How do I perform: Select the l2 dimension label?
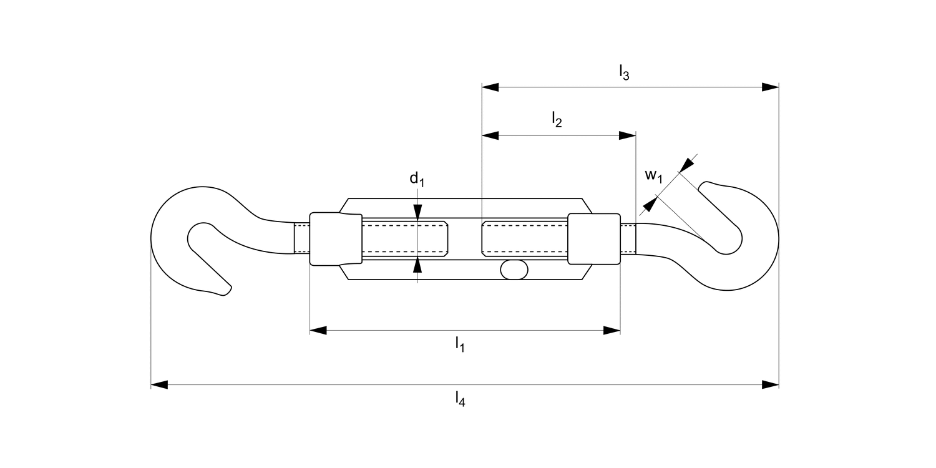(x=557, y=119)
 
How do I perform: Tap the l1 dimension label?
(x=459, y=344)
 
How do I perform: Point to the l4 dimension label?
(x=460, y=398)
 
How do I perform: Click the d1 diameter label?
(x=417, y=179)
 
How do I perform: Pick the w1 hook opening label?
(x=653, y=176)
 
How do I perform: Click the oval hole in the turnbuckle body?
(x=514, y=270)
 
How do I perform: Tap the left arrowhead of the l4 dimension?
(x=160, y=384)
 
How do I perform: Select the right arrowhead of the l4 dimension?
(x=771, y=384)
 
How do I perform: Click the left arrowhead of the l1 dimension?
(x=318, y=330)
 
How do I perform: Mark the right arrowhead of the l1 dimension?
(x=612, y=330)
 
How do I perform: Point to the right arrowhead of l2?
(x=627, y=135)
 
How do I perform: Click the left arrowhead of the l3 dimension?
(x=490, y=87)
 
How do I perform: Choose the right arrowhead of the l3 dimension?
(x=771, y=87)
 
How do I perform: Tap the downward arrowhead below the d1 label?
(x=417, y=211)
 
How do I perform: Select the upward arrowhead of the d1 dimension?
(x=417, y=266)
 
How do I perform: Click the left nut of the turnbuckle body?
(x=336, y=239)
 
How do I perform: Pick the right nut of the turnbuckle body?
(x=593, y=239)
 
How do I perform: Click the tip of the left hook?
(x=226, y=291)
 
